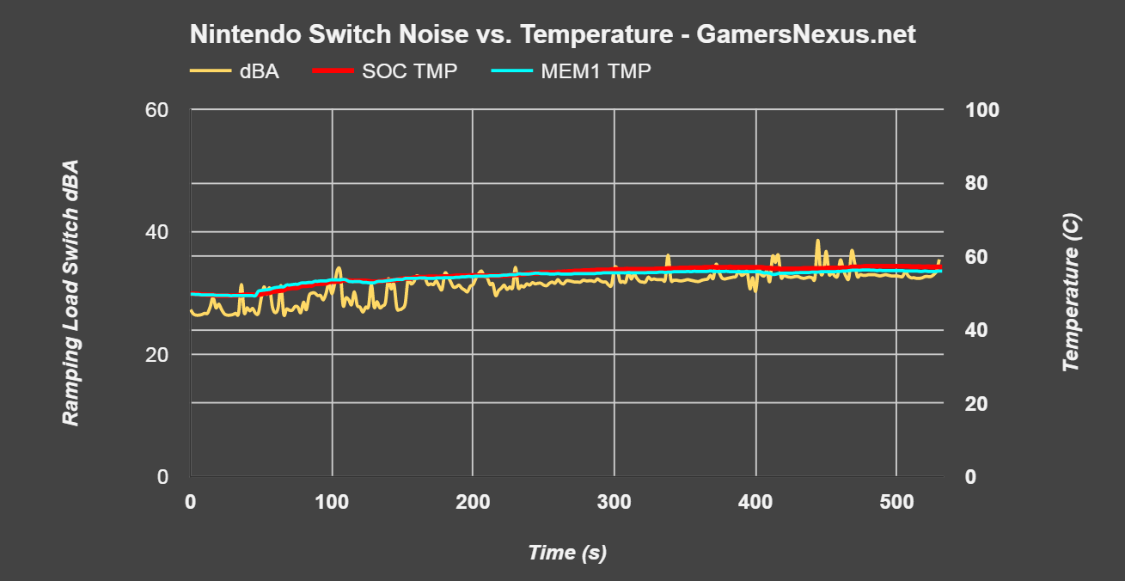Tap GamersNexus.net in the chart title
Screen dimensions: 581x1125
point(805,35)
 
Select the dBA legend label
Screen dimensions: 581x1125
point(260,71)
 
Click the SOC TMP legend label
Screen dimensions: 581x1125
point(410,71)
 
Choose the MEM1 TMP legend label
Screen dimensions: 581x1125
point(596,71)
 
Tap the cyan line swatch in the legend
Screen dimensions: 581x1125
point(511,71)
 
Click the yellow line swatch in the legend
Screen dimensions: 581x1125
point(211,71)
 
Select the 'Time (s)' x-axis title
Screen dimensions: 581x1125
point(567,553)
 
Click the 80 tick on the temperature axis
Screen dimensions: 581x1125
point(976,183)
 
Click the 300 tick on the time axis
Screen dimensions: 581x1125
point(614,500)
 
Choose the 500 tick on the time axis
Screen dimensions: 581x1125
point(896,500)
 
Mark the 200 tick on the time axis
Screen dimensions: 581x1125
point(473,500)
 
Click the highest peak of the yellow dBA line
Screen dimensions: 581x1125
point(817,241)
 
